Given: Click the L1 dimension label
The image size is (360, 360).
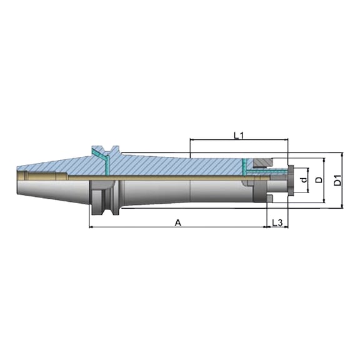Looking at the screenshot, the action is pyautogui.click(x=239, y=136).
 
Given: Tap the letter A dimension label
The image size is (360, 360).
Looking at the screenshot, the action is pyautogui.click(x=178, y=222).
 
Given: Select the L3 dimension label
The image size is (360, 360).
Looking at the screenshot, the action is pyautogui.click(x=277, y=222).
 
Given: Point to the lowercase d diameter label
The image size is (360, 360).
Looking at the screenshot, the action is pyautogui.click(x=304, y=179).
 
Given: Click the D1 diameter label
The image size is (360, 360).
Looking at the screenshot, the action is pyautogui.click(x=337, y=180).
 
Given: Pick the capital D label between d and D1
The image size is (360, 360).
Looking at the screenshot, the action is pyautogui.click(x=319, y=180).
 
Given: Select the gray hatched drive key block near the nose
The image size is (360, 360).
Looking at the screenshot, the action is pyautogui.click(x=262, y=163).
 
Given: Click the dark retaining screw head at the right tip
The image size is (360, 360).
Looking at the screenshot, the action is pyautogui.click(x=291, y=180).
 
